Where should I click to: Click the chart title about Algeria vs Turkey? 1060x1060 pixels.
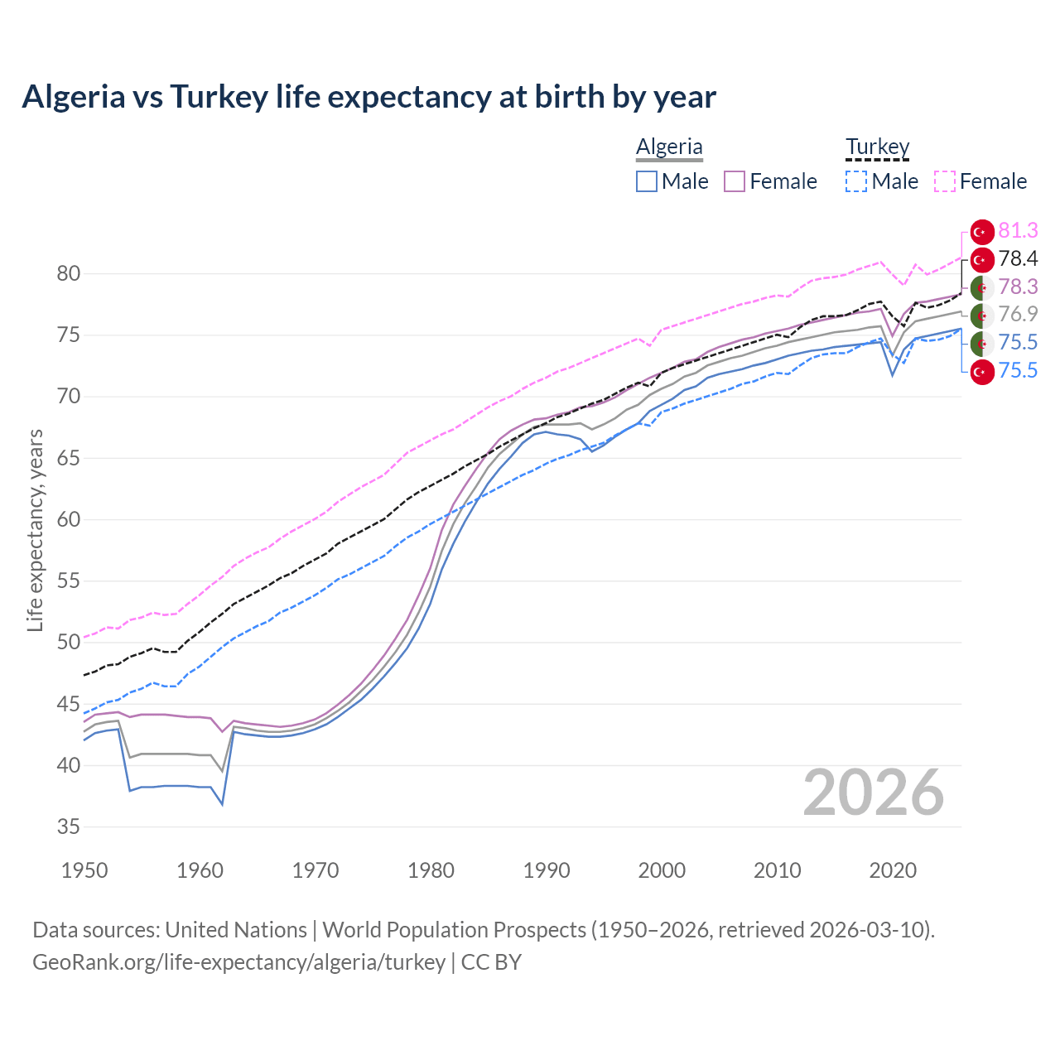pos(369,97)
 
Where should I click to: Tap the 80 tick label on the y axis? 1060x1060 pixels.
pos(68,273)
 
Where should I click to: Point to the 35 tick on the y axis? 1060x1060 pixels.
pos(68,826)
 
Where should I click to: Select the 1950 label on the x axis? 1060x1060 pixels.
pos(84,870)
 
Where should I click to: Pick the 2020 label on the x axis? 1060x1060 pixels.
pos(892,870)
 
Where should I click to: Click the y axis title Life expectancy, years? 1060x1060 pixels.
pos(35,530)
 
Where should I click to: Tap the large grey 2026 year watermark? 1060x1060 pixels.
pos(873,793)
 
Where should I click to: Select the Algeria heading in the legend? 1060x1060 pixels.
pos(669,147)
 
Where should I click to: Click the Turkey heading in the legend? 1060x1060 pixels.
pos(877,147)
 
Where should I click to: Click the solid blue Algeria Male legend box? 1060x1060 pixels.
pos(647,181)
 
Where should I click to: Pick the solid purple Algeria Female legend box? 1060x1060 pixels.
pos(735,181)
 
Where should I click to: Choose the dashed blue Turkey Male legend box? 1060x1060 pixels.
pos(856,181)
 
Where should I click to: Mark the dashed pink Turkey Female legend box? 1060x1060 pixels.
pos(944,181)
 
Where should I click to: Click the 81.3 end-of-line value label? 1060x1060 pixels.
pos(1018,231)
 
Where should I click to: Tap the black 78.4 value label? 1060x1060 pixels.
pos(1018,259)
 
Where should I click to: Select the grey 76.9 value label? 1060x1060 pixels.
pos(1018,315)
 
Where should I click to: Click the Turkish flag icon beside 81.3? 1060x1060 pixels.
pos(982,232)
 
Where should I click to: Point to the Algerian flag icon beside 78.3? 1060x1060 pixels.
pos(982,287)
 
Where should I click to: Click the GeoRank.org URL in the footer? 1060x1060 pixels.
pos(238,962)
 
